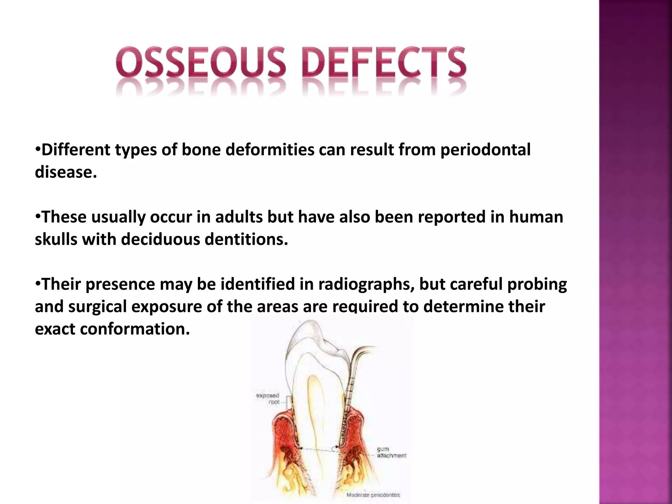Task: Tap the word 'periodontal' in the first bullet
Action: pyautogui.click(x=485, y=150)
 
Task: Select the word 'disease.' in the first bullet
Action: pyautogui.click(x=66, y=172)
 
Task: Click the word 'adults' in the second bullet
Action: pyautogui.click(x=239, y=217)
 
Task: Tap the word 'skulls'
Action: pyautogui.click(x=56, y=240)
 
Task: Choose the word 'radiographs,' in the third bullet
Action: pyautogui.click(x=364, y=284)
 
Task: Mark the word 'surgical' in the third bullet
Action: pyautogui.click(x=97, y=306)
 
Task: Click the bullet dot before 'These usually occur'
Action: pyautogui.click(x=38, y=216)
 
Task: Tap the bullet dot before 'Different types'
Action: pyautogui.click(x=38, y=149)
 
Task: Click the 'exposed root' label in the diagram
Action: pyautogui.click(x=268, y=399)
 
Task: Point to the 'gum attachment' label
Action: pyautogui.click(x=391, y=452)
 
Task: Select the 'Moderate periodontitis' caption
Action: pyautogui.click(x=373, y=495)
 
